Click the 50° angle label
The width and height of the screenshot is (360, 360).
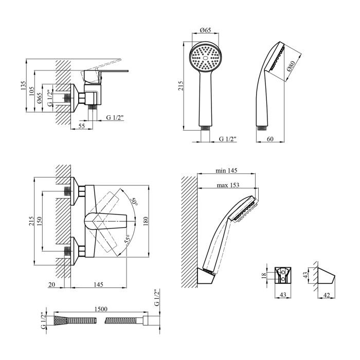tap(134, 202)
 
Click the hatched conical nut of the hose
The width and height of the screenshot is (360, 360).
tap(60, 320)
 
